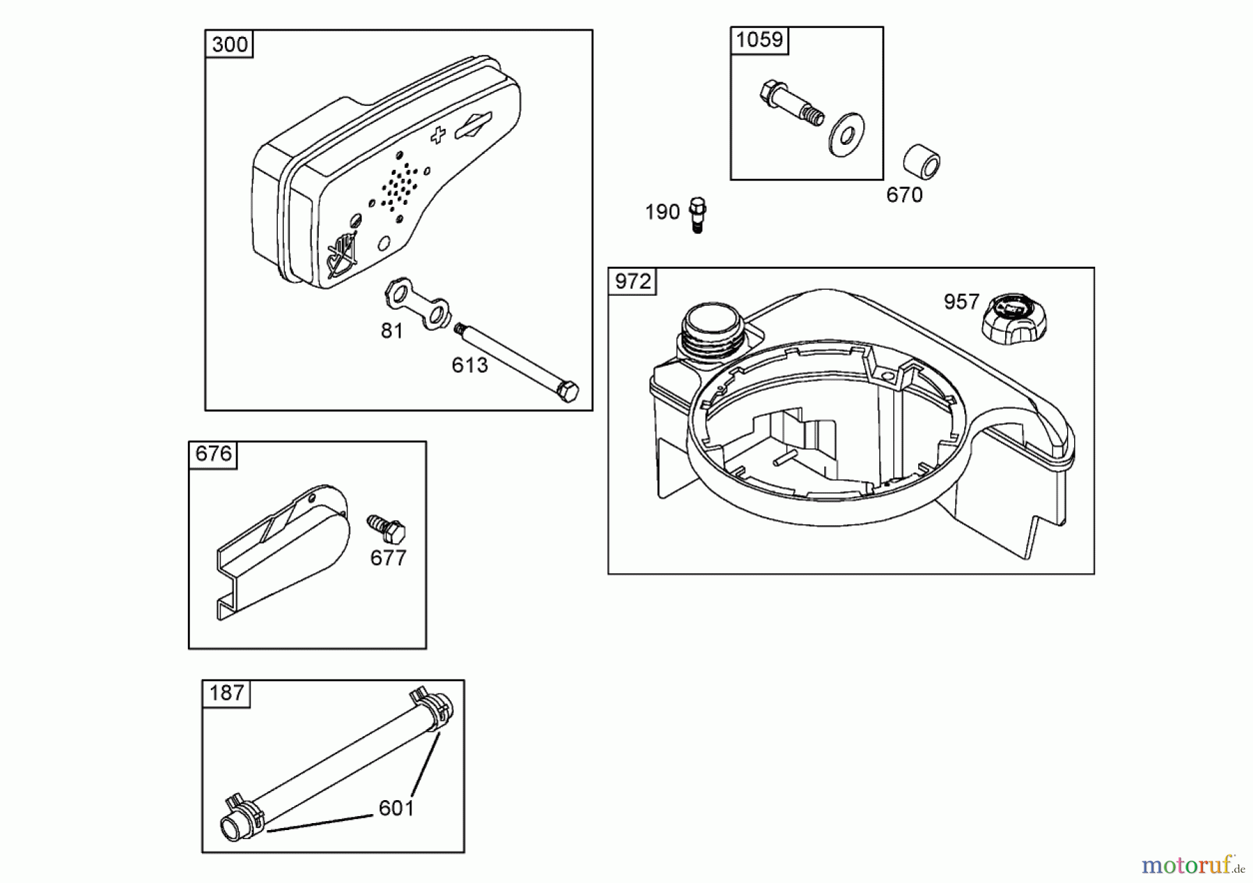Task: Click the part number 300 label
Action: tap(229, 45)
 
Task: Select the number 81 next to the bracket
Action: tap(392, 331)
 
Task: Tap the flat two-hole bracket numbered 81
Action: tap(417, 304)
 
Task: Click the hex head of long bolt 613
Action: tap(568, 391)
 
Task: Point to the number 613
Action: tap(470, 365)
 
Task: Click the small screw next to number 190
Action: tap(698, 214)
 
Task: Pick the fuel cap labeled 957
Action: tap(1014, 318)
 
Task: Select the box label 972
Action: tap(633, 281)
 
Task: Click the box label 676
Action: tap(213, 454)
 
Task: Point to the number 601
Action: tap(396, 808)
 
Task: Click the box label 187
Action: tap(226, 693)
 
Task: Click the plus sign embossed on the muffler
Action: tap(438, 134)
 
